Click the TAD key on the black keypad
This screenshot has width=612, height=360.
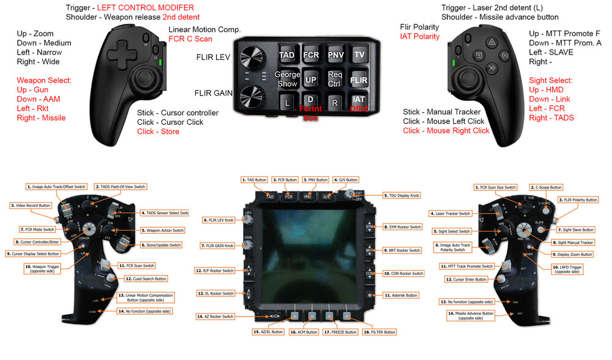pyautogui.click(x=286, y=55)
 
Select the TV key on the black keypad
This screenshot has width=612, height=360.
pyautogui.click(x=359, y=55)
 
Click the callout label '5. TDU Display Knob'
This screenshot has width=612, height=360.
pyautogui.click(x=402, y=196)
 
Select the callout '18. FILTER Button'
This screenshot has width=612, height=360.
pyautogui.click(x=378, y=332)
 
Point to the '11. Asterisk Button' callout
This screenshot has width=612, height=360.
pyautogui.click(x=402, y=294)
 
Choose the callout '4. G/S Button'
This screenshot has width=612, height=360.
pyautogui.click(x=345, y=180)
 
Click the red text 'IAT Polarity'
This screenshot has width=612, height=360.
pyautogui.click(x=420, y=37)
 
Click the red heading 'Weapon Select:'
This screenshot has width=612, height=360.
pyautogui.click(x=44, y=81)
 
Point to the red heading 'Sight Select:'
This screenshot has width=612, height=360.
pyautogui.click(x=551, y=81)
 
